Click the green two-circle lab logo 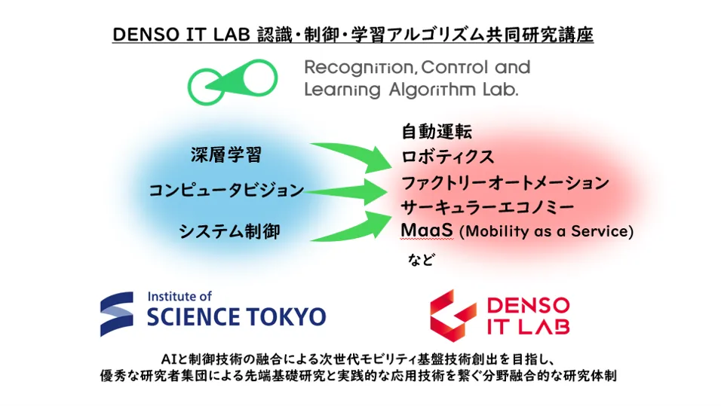[232, 82]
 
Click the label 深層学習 [226, 155]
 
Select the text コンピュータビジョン [226, 190]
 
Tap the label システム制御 [229, 231]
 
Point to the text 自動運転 [437, 132]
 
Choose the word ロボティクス [447, 157]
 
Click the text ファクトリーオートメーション [505, 183]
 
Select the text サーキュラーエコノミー [487, 207]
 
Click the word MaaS [427, 230]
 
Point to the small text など [421, 259]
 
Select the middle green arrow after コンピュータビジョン [345, 191]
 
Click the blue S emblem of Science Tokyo [117, 314]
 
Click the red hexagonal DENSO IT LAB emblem [453, 316]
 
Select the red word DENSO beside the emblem [529, 305]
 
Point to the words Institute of [179, 296]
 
